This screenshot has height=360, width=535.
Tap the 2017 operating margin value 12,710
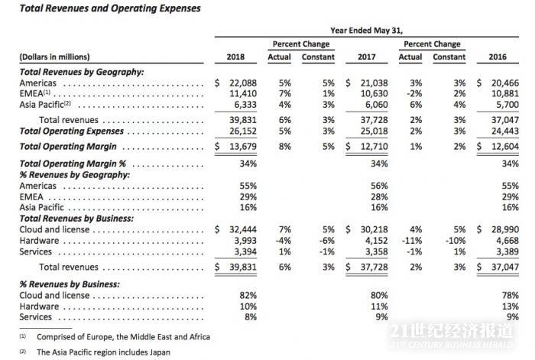point(370,145)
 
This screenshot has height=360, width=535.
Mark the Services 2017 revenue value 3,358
point(370,252)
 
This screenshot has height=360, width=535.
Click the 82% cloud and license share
point(248,295)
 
